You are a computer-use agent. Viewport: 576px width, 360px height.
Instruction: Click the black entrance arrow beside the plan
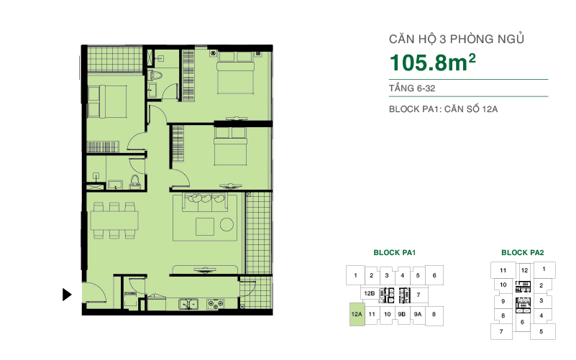[67, 294]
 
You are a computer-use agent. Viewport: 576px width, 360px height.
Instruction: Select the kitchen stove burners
[214, 303]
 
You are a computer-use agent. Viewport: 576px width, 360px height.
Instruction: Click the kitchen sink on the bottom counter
[189, 303]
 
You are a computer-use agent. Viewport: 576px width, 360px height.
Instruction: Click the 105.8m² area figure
[433, 63]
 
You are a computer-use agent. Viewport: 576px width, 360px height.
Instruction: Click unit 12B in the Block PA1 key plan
[370, 294]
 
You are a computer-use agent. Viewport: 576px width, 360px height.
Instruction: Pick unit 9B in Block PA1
[403, 314]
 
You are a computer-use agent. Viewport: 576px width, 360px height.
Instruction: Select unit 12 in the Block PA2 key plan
[524, 270]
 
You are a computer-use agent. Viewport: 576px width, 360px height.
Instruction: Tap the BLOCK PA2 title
[522, 253]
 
